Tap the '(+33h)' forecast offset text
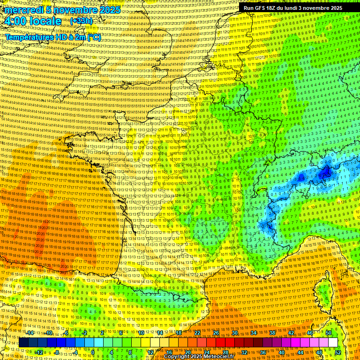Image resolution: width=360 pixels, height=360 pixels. pos(81,21)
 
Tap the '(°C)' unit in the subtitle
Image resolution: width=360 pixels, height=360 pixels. pos(94,37)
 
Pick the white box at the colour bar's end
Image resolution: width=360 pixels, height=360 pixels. pos(332,343)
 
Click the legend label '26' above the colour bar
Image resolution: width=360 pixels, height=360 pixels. pos(216,333)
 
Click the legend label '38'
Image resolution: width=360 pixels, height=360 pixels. pos(272,333)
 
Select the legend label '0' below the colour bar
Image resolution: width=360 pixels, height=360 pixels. pos(94,352)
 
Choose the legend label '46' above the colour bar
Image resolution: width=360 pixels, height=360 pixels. pos(310,333)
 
